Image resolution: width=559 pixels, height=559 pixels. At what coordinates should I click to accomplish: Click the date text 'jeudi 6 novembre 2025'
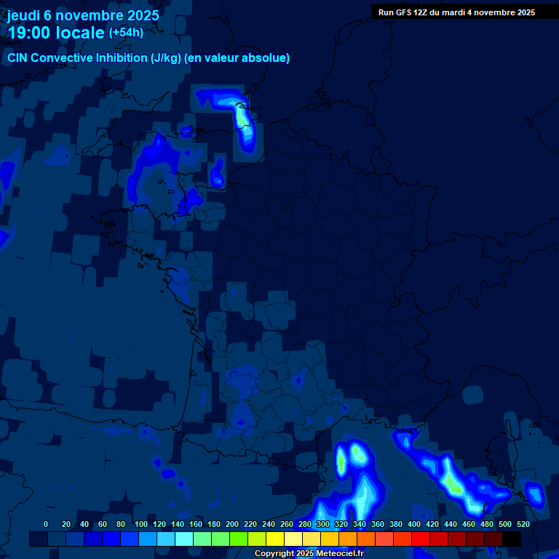[83, 15]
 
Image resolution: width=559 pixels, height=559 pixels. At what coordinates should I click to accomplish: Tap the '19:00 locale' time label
[55, 33]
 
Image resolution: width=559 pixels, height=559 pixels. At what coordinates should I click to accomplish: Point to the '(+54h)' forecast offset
[126, 33]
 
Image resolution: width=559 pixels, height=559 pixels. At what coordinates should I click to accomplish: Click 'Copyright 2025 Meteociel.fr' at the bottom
[309, 554]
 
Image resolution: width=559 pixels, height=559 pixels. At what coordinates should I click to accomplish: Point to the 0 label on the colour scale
[46, 524]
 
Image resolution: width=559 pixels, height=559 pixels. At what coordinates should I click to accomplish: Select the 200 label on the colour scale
[232, 524]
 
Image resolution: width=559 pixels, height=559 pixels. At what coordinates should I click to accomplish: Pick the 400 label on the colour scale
[414, 524]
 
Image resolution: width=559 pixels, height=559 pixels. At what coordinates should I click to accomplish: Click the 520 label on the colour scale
[523, 524]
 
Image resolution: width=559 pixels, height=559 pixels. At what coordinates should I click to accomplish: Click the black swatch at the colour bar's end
[512, 539]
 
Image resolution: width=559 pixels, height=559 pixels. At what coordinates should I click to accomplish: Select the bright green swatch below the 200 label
[239, 539]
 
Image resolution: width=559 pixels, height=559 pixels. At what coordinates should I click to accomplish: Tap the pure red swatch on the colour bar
[421, 539]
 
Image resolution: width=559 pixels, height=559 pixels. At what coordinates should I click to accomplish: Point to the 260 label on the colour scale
[287, 524]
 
